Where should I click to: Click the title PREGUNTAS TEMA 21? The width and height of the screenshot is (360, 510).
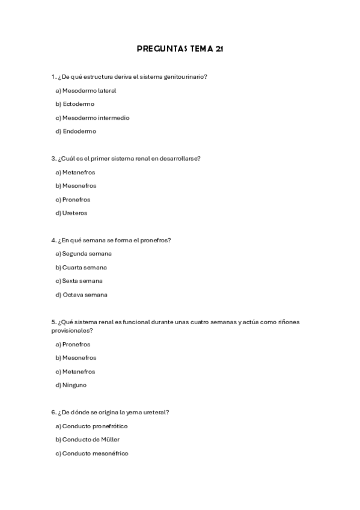(180, 49)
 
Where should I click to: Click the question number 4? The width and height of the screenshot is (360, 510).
(53, 240)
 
